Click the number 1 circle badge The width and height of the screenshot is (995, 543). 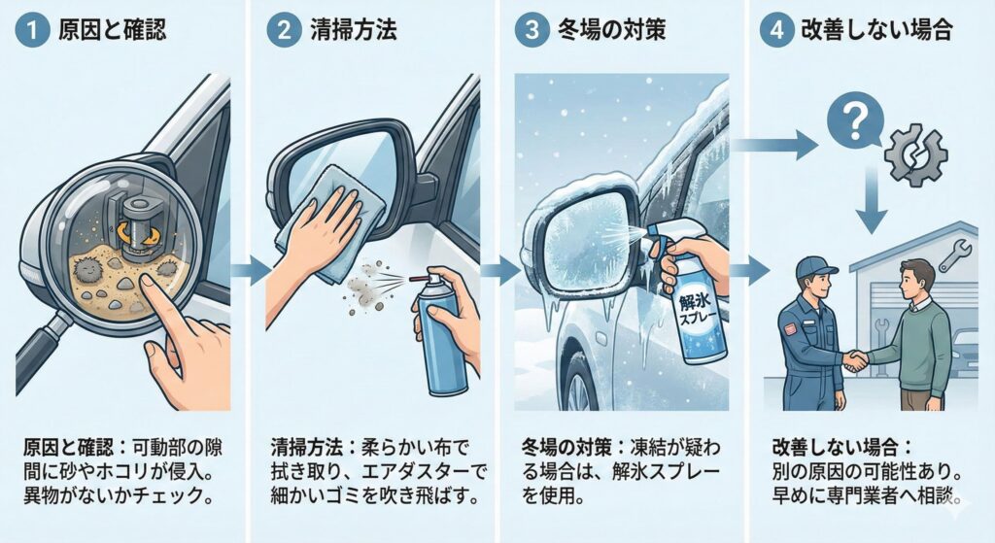31,30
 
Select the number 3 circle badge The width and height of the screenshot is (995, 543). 532,30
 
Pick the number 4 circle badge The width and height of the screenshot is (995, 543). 776,30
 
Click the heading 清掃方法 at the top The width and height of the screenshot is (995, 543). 354,30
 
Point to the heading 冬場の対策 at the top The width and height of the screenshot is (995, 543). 612,30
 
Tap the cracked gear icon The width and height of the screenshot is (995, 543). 915,155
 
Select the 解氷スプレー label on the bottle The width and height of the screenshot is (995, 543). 698,308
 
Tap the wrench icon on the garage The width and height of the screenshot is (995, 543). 954,255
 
